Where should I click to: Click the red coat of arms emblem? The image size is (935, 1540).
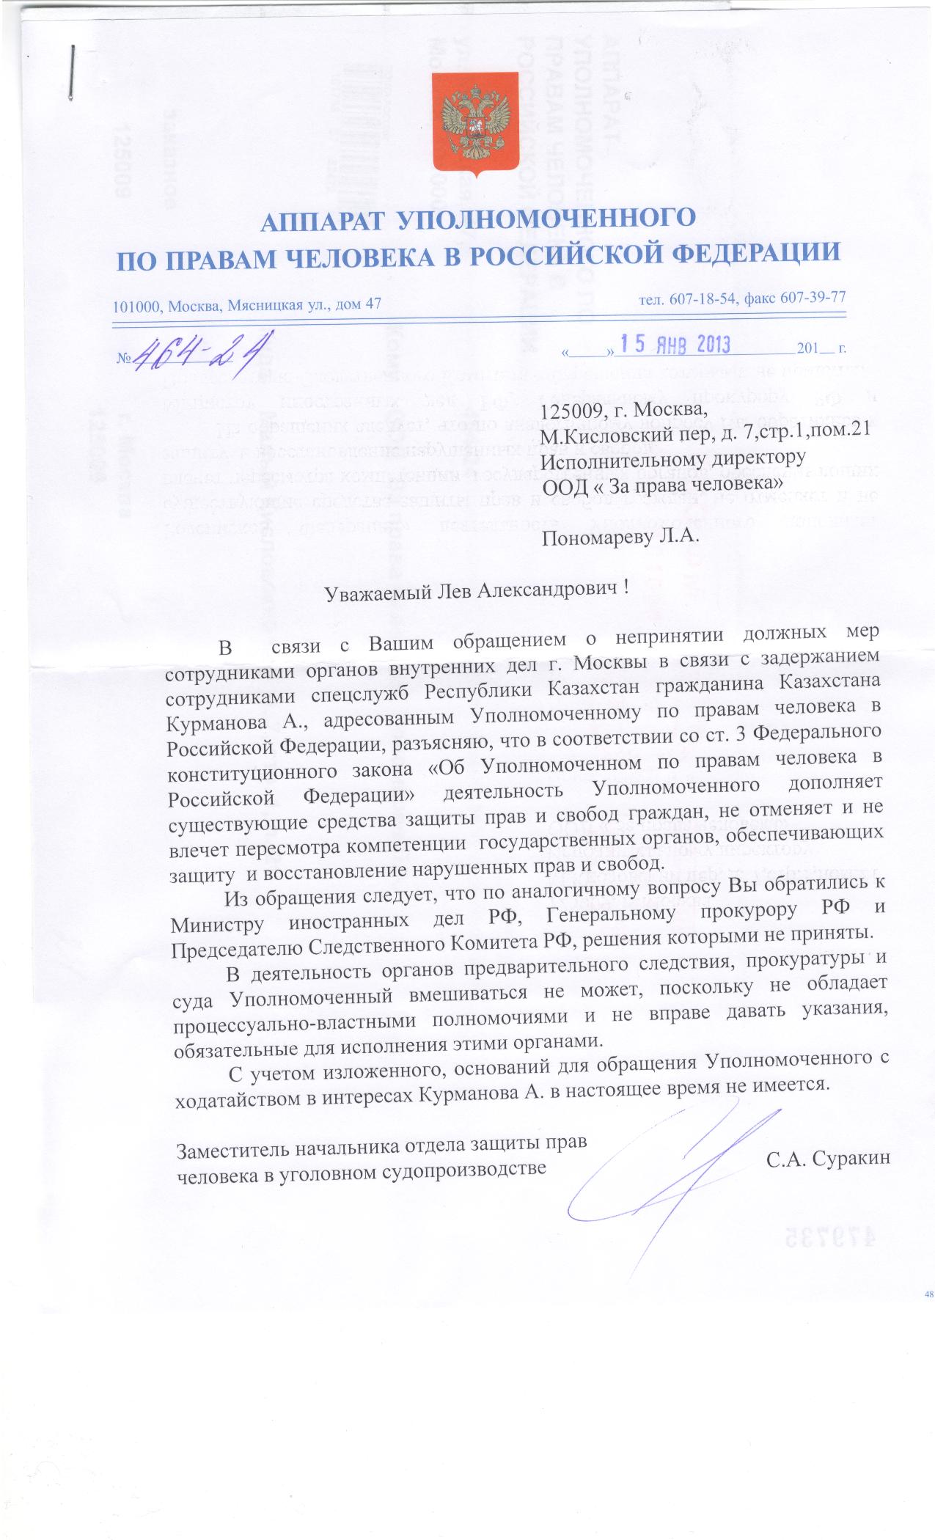(474, 125)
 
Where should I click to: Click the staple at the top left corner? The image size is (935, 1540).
(71, 73)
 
